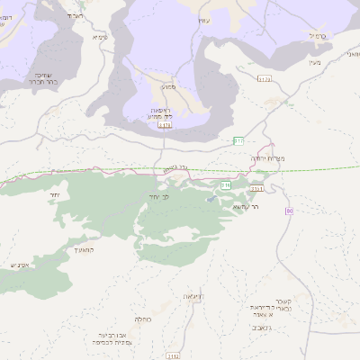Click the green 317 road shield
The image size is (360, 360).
238,140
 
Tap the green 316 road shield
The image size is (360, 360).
227,184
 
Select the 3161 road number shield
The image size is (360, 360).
257,189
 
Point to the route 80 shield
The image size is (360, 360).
289,211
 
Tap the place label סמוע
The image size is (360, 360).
168,87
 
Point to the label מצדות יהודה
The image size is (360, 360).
269,158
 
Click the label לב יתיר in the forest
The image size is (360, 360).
159,195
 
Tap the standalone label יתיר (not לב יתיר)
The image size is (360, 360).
55,194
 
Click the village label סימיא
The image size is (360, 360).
100,38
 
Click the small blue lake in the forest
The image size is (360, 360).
211,199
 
